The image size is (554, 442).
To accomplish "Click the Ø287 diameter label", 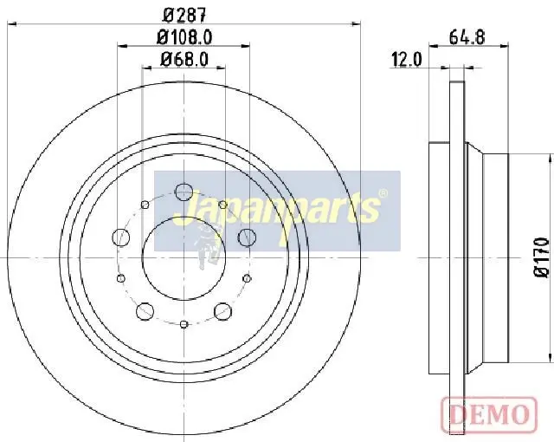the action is pos(184,15).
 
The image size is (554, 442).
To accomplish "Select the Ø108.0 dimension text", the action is pos(184,36).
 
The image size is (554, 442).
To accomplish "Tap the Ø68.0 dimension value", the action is pos(184,59).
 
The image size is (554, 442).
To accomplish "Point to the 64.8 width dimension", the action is pos(467,36).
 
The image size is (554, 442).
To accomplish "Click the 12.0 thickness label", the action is pos(407,60).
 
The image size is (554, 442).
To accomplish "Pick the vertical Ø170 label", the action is pos(541,257).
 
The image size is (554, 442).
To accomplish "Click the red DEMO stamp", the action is pos(489,413).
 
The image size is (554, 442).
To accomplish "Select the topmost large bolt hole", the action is pos(184,192).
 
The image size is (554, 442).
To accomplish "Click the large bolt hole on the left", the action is pos(120,237).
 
